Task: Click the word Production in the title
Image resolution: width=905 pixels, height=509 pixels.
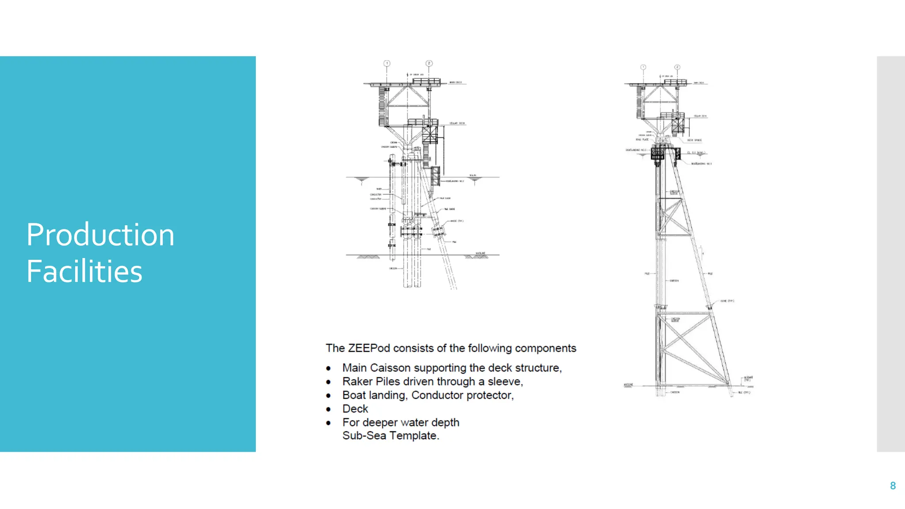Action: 100,235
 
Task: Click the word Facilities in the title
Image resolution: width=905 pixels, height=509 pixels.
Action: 84,271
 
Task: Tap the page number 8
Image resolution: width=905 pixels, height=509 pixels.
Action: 893,486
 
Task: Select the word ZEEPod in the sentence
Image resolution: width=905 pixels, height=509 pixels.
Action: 369,348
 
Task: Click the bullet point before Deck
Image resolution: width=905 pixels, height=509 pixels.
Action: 328,410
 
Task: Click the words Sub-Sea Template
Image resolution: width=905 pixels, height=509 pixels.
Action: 390,436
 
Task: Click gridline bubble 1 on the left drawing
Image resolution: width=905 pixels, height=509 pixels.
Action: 387,64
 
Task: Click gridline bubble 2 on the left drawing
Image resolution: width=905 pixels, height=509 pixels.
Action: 429,64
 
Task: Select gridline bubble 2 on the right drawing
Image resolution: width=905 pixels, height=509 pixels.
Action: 677,68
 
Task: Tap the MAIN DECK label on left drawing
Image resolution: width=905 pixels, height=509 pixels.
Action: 455,83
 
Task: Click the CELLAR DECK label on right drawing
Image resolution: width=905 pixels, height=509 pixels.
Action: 700,116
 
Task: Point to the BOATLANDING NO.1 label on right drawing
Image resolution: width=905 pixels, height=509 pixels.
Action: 701,164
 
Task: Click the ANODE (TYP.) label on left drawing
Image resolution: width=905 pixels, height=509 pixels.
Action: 456,221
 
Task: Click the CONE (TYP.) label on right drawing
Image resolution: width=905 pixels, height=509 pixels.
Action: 727,301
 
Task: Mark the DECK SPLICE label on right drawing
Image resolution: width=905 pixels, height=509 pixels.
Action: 694,141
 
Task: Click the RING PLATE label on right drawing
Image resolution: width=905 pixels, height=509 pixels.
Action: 642,140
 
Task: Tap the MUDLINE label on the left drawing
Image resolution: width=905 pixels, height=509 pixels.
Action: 480,253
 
